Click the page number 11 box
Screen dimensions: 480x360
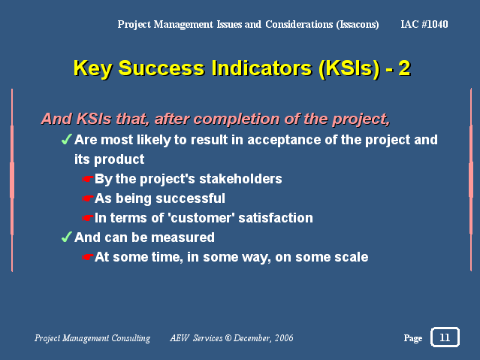coord(445,337)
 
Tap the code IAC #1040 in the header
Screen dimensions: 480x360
coord(424,24)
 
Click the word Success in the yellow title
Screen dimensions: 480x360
coord(161,68)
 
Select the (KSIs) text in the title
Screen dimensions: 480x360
coord(349,68)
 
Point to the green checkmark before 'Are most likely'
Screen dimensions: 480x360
coord(66,139)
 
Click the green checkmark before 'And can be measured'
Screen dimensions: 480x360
coord(66,237)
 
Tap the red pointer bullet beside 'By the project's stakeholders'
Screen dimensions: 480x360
coord(88,179)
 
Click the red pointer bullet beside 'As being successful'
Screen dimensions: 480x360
coord(88,198)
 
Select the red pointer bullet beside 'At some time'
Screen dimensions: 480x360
coord(88,257)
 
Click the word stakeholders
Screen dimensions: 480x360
coord(240,179)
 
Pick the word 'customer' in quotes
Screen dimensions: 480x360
coord(201,218)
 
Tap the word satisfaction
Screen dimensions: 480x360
coord(276,218)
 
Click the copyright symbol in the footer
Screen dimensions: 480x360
coord(228,337)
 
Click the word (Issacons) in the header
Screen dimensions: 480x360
coord(358,25)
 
